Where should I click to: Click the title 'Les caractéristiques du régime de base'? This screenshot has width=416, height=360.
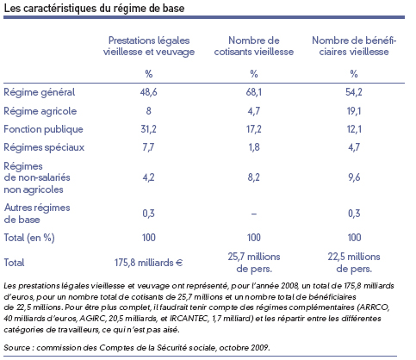tap(94, 8)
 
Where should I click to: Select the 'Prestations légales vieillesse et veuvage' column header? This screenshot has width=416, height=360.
tap(149, 46)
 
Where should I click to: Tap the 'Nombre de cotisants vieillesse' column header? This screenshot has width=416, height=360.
tap(254, 46)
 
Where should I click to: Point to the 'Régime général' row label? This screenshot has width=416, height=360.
tap(40, 92)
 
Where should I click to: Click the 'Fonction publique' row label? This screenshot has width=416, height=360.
tap(43, 129)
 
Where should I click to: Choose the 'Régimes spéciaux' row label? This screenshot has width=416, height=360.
tap(44, 147)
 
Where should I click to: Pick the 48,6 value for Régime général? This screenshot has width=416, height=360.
tap(149, 92)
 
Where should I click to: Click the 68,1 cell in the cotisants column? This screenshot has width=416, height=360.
tap(254, 92)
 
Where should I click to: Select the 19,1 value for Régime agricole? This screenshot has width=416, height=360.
tap(354, 111)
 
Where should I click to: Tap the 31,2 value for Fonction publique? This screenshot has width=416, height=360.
tap(149, 129)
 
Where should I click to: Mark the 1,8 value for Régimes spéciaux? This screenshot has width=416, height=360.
tap(254, 147)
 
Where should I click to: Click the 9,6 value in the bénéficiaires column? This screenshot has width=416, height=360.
tap(354, 177)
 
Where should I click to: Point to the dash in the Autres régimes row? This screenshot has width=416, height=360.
tap(254, 214)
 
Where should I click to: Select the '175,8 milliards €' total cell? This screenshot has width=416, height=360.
tap(149, 263)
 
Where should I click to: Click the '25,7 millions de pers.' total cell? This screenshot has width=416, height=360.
tap(254, 263)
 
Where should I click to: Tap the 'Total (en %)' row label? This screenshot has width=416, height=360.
tap(29, 238)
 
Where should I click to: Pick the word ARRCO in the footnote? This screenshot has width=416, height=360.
tap(375, 307)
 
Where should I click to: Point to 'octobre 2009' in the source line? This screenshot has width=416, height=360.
tap(245, 348)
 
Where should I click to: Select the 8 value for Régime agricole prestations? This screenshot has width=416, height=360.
tap(148, 111)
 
